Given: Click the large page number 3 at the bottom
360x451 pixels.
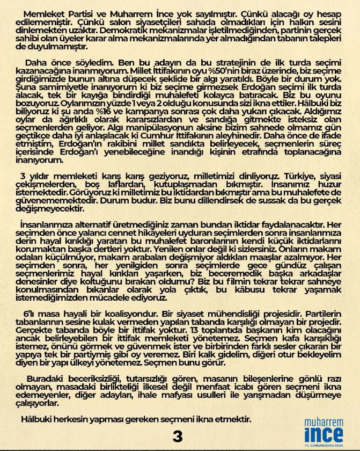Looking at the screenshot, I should coord(178,436).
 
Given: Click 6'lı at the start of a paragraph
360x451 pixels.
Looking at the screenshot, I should coord(32,313).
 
